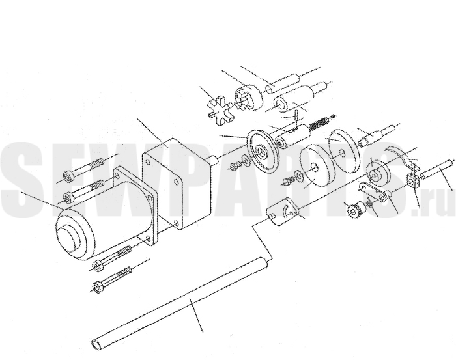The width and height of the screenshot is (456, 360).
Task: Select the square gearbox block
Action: [x=177, y=184]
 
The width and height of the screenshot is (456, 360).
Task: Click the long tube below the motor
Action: [x=181, y=301]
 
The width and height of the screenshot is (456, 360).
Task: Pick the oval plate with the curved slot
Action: [x=282, y=212]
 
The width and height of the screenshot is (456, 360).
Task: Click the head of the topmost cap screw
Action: [x=68, y=176]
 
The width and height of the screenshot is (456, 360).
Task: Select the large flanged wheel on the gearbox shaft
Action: [x=261, y=152]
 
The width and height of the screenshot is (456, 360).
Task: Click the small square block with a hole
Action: [x=412, y=180]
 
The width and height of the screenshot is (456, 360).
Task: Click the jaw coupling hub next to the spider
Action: [x=249, y=98]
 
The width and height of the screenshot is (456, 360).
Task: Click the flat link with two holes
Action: [x=375, y=192]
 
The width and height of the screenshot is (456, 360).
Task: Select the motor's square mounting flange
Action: [x=135, y=205]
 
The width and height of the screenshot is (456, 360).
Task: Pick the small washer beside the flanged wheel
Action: [x=244, y=160]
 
